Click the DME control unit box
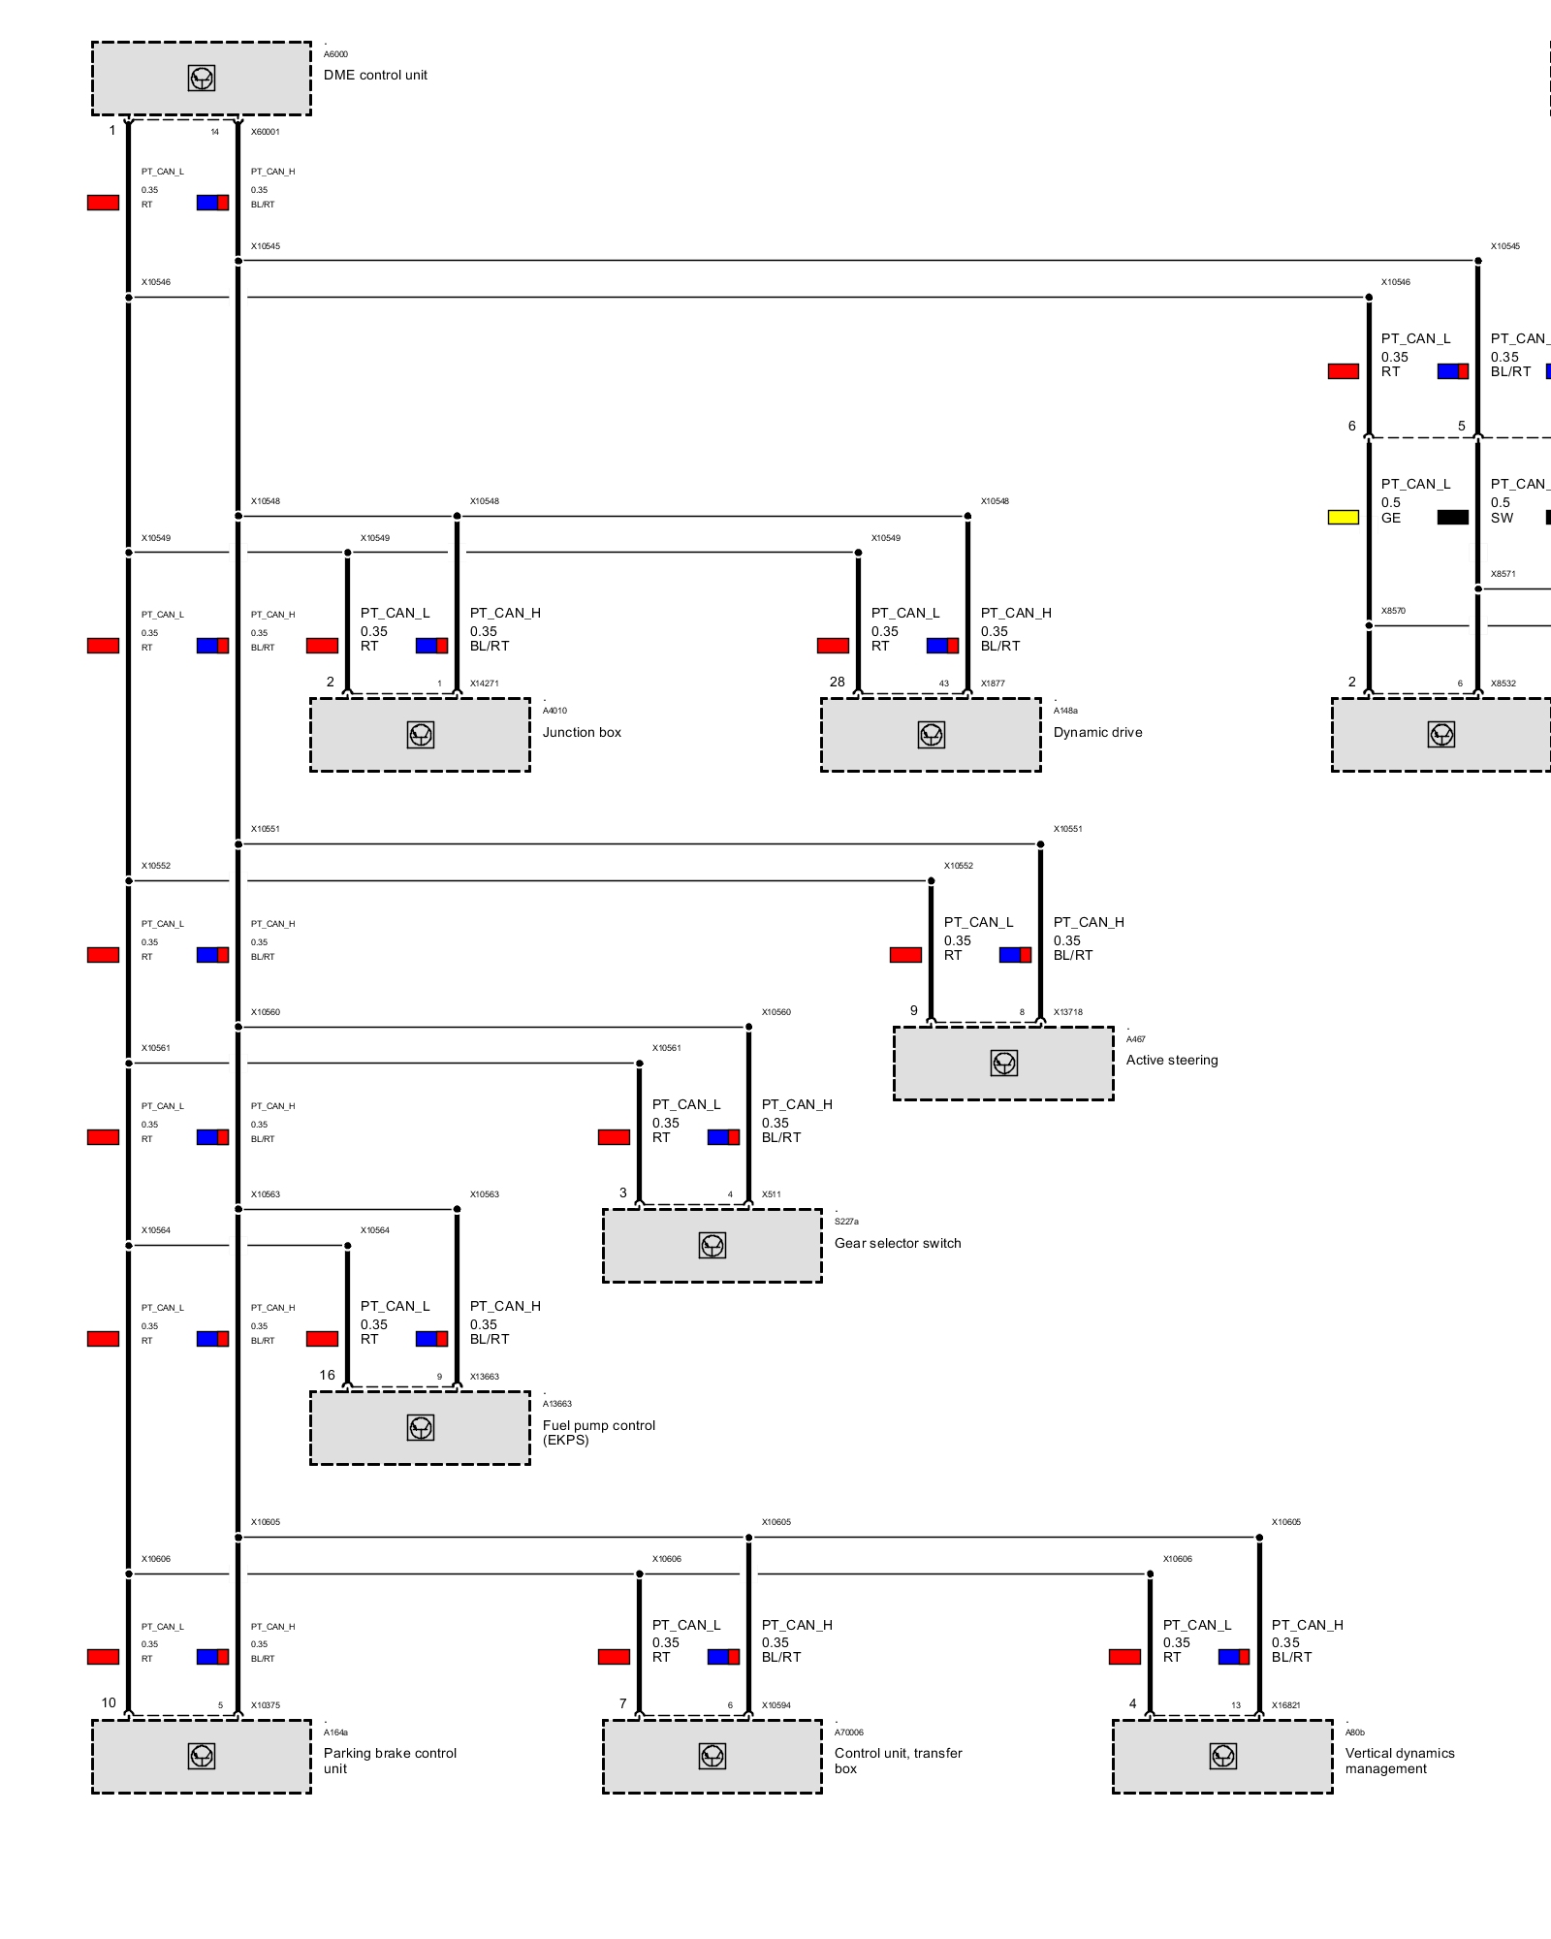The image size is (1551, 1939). [x=202, y=79]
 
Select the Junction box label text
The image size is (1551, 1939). [x=582, y=732]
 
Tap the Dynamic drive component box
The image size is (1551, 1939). [x=931, y=735]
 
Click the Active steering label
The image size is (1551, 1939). [x=1171, y=1060]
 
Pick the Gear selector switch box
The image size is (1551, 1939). [x=712, y=1246]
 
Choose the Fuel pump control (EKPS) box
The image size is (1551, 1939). [x=420, y=1427]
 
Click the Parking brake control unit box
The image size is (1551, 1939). [x=202, y=1756]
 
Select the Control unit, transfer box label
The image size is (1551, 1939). [x=898, y=1760]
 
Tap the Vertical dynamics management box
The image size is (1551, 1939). [x=1222, y=1756]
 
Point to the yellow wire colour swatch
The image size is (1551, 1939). [x=1343, y=517]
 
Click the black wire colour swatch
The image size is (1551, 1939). [x=1452, y=517]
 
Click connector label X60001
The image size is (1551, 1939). [x=265, y=132]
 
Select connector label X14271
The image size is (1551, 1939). [x=485, y=683]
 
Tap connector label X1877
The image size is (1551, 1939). [x=993, y=683]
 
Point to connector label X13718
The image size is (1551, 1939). [x=1068, y=1012]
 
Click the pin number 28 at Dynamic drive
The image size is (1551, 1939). [x=838, y=682]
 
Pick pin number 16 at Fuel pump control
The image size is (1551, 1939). [x=328, y=1375]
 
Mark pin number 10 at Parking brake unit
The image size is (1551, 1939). [x=109, y=1702]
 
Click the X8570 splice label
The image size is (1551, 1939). [x=1393, y=611]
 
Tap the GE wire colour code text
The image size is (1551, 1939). [x=1391, y=518]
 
